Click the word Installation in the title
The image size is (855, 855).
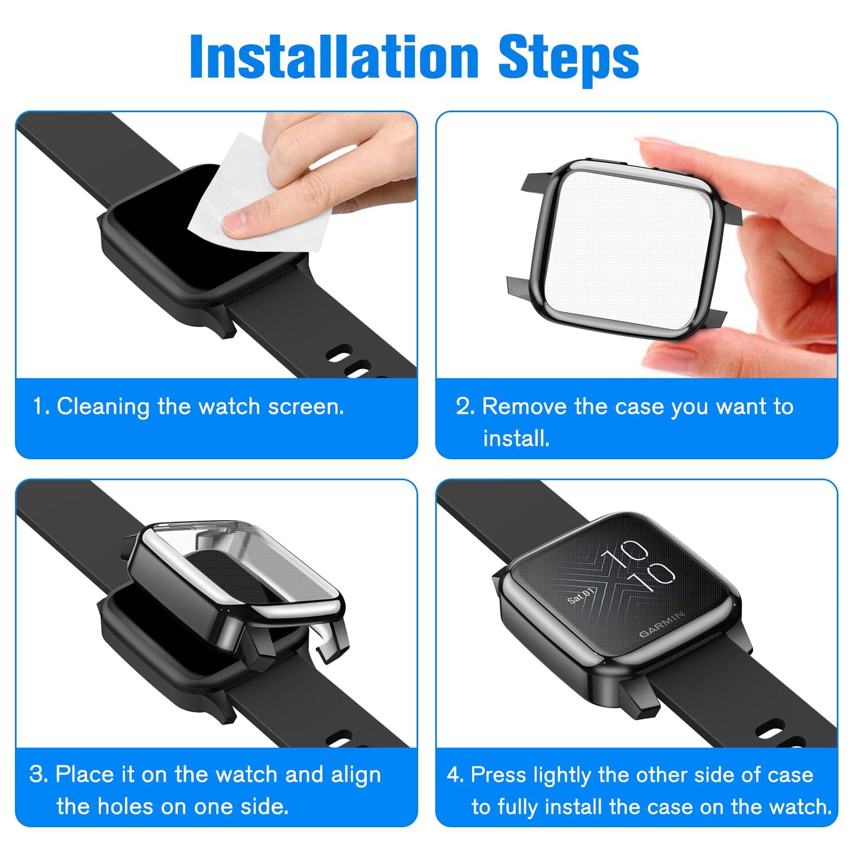tap(334, 56)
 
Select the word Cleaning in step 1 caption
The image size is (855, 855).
tap(103, 407)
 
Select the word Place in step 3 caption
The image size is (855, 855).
tap(85, 775)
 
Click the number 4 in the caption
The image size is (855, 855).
tap(454, 775)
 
